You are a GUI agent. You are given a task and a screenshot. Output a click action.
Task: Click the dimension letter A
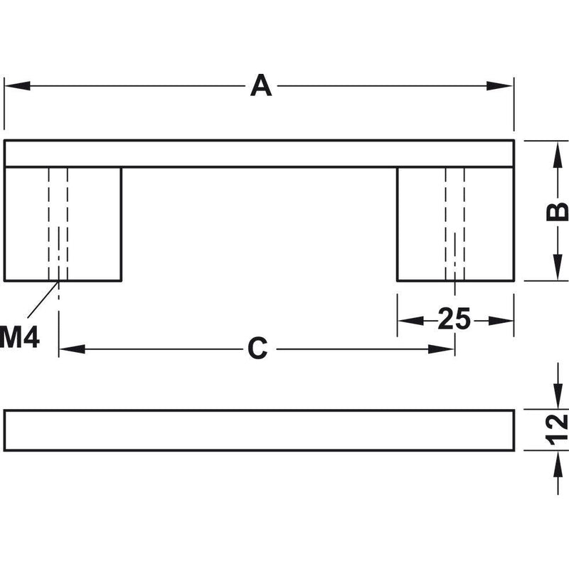[x=261, y=85]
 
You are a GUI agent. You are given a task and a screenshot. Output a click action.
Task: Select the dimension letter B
[x=557, y=211]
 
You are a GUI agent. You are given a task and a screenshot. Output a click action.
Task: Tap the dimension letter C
[x=257, y=349]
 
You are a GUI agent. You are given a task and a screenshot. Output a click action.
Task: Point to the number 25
[x=454, y=319]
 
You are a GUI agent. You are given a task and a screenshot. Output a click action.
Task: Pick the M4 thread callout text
[x=20, y=337]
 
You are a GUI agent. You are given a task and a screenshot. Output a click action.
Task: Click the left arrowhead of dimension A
[x=17, y=86]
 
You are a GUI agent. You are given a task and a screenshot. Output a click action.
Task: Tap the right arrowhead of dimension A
[x=500, y=86]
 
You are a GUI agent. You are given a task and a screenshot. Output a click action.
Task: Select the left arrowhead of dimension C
[x=72, y=349]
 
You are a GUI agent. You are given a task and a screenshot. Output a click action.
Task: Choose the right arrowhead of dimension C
[x=441, y=349]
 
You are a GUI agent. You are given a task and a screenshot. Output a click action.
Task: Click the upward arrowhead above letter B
[x=558, y=154]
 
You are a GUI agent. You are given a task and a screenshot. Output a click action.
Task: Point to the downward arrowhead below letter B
[x=558, y=267]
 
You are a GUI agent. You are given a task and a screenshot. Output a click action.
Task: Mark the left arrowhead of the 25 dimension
[x=411, y=321]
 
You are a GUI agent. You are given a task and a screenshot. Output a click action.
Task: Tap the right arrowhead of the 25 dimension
[x=501, y=321]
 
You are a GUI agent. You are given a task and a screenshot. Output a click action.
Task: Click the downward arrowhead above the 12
[x=558, y=396]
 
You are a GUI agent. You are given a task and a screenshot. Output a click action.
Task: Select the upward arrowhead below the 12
[x=558, y=464]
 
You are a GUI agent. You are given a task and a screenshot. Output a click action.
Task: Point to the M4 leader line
[x=43, y=299]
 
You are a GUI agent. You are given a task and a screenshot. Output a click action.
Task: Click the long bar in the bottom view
[x=259, y=430]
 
